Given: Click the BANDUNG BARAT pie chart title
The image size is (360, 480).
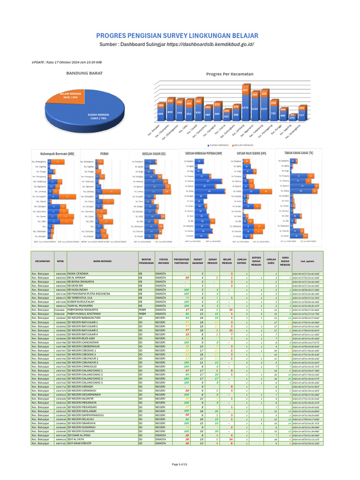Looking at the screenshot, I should point(85,73).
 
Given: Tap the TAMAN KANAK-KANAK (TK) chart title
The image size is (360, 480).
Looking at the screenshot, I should point(300,153).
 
